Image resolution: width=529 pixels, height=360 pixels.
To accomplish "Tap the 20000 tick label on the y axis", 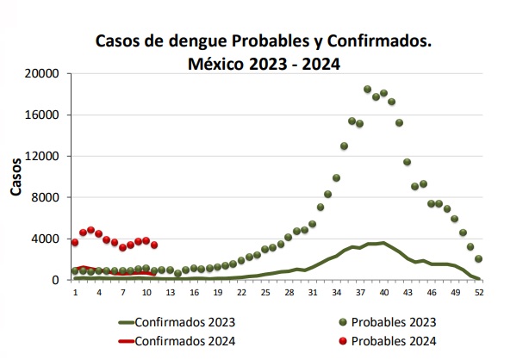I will (41, 74).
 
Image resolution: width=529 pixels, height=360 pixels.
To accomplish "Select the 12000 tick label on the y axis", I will (41, 156).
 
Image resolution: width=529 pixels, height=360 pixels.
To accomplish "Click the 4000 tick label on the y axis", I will (45, 238).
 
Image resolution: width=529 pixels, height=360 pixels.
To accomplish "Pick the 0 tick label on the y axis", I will (54, 279).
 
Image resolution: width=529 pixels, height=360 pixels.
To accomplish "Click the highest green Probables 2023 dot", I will (367, 89).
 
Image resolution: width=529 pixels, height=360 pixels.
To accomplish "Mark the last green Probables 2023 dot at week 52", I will (478, 258).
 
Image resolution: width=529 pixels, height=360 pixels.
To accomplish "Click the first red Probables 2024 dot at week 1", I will (75, 243).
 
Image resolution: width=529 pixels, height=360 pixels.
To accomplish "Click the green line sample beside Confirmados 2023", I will (138, 323).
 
